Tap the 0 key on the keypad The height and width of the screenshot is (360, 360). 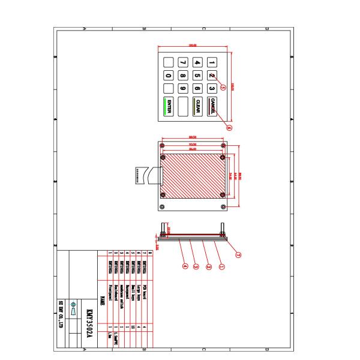click(x=168, y=76)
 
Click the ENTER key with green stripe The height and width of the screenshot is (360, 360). click(x=168, y=107)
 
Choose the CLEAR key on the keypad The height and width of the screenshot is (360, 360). click(x=197, y=107)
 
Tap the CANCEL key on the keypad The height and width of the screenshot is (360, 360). click(x=212, y=107)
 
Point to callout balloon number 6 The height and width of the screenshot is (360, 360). click(x=229, y=127)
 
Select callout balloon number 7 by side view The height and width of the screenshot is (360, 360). click(x=238, y=254)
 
